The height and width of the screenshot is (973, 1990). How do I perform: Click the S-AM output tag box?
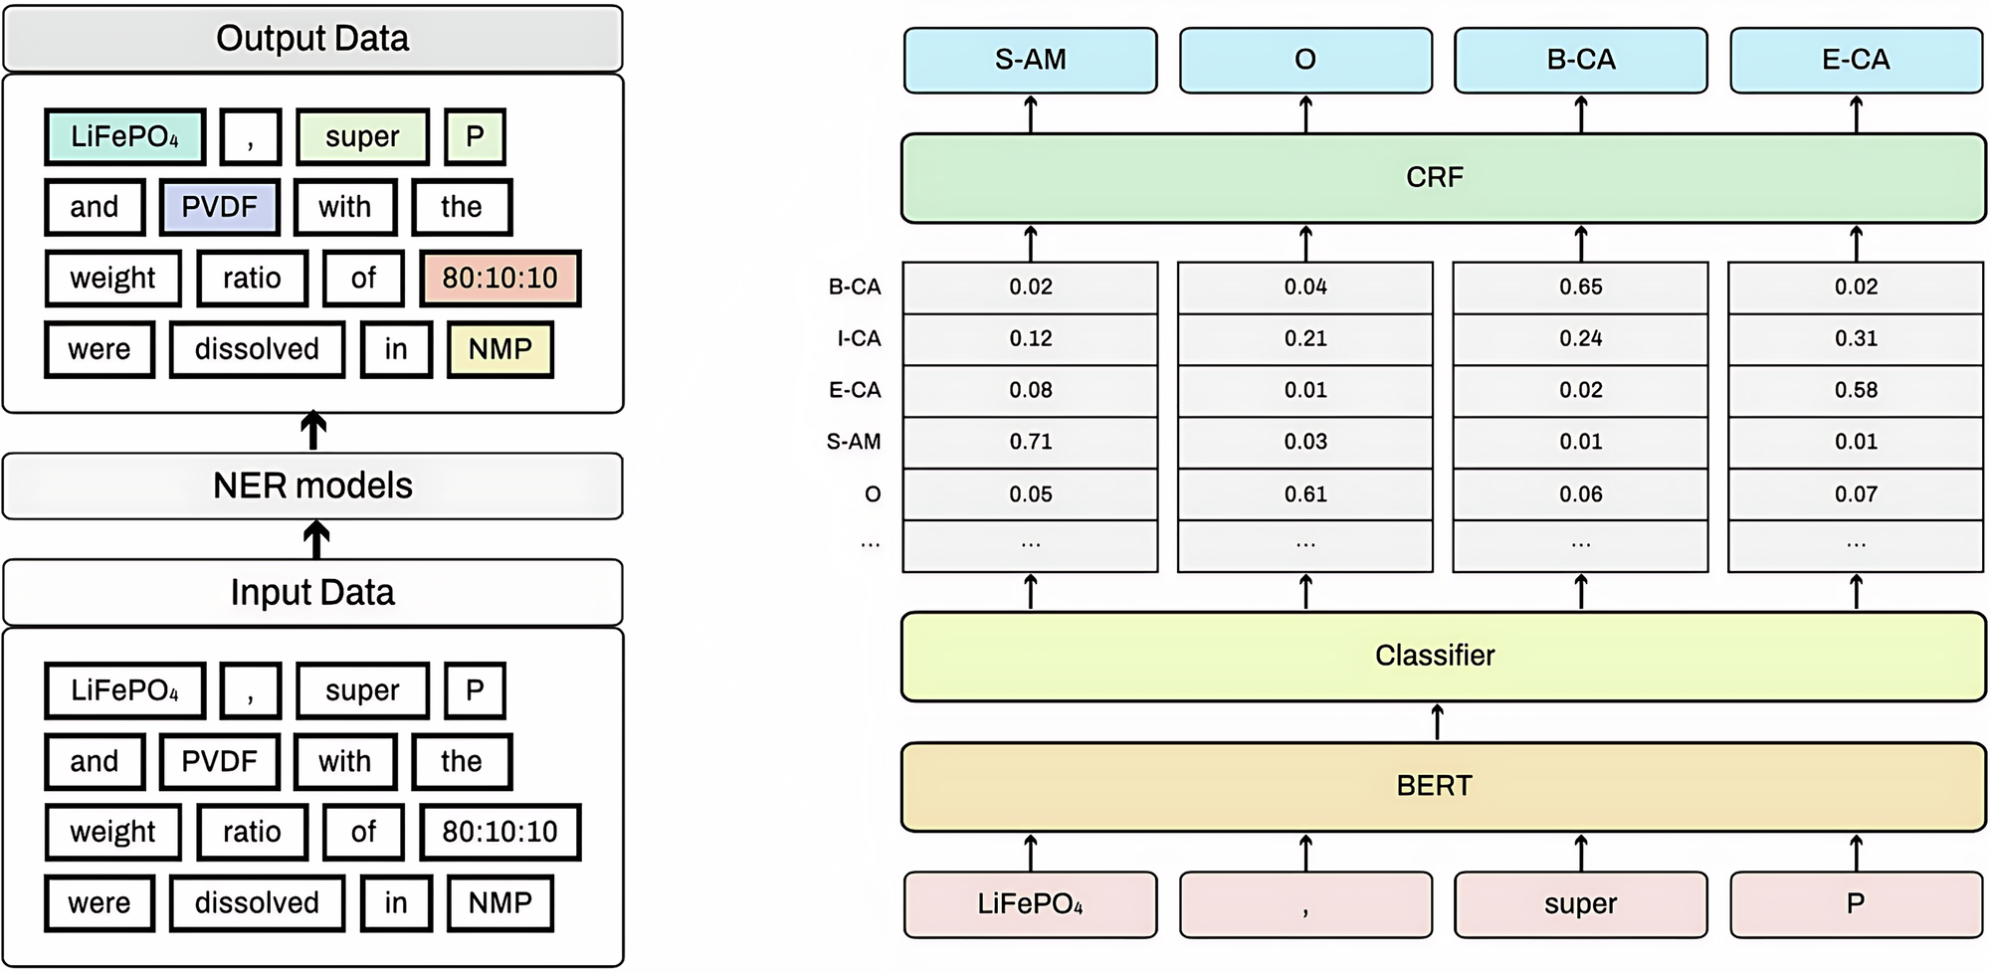(x=1030, y=61)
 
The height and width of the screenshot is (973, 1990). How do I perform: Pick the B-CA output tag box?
(x=1580, y=61)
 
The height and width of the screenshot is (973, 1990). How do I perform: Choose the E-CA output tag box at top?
(x=1856, y=61)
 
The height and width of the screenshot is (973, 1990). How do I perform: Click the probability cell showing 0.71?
(x=1030, y=442)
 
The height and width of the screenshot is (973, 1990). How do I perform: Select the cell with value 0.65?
(x=1580, y=288)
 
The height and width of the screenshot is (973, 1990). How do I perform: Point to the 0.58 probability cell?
(x=1856, y=390)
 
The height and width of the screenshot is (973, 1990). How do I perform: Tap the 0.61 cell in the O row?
(x=1305, y=494)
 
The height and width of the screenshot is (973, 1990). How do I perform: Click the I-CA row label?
(x=858, y=339)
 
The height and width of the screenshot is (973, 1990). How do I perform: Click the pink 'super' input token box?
(x=1580, y=904)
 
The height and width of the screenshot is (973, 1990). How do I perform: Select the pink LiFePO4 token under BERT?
(x=1030, y=904)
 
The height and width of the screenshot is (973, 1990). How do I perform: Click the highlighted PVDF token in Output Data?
(x=219, y=207)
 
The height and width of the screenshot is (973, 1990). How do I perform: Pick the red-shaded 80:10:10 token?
(x=499, y=279)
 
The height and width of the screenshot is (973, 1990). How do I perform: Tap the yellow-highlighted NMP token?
(x=499, y=349)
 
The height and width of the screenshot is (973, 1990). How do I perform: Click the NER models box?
(x=312, y=486)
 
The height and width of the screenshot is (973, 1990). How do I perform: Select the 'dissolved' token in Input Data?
(x=257, y=903)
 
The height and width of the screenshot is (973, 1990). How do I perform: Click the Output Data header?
(x=312, y=39)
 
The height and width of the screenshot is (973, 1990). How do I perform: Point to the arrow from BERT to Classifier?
(x=1437, y=722)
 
